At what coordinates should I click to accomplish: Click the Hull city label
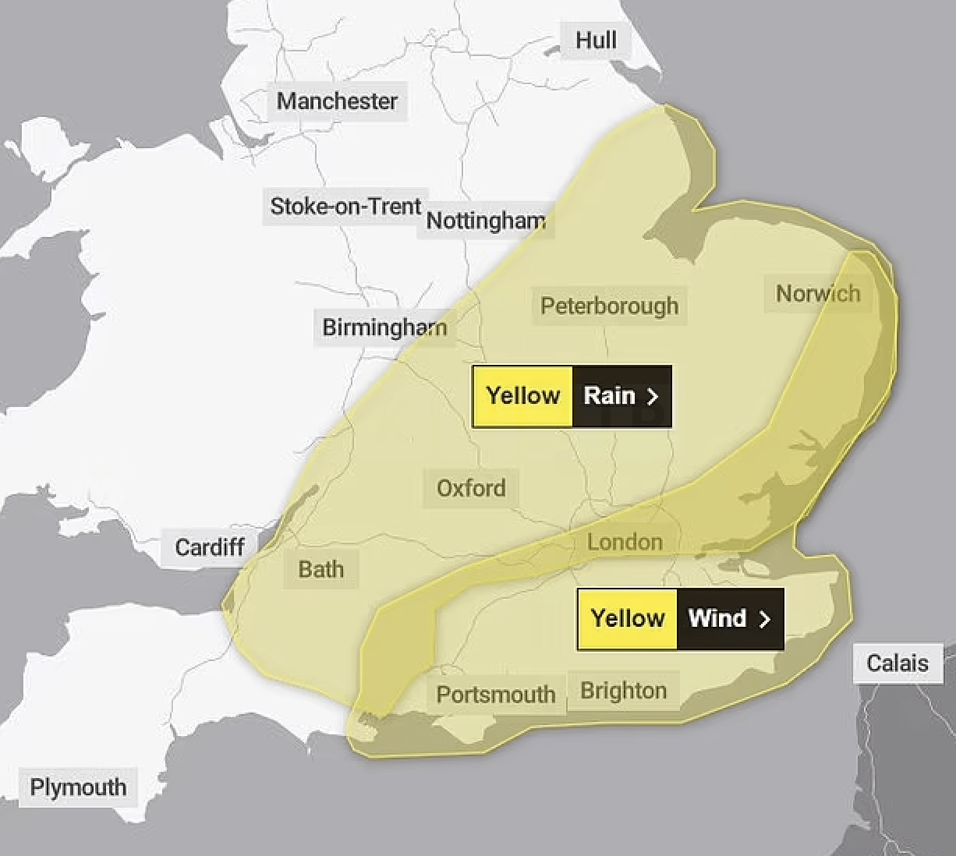[596, 40]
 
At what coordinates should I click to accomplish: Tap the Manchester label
[337, 101]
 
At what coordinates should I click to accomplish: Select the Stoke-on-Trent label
[345, 206]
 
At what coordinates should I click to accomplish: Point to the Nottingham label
[486, 221]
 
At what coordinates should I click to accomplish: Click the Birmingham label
[384, 327]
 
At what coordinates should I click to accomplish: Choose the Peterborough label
[609, 306]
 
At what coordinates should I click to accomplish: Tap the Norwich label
[818, 293]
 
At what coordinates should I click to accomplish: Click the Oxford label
[471, 488]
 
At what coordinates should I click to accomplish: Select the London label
[625, 542]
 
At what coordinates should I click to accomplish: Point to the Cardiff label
[210, 547]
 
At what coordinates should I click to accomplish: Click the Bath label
[320, 569]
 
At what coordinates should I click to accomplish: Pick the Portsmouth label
[495, 694]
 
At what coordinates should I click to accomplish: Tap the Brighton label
[623, 691]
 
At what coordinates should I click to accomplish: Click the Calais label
[898, 663]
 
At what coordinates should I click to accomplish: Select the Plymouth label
[78, 787]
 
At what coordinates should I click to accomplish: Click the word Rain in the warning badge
[609, 396]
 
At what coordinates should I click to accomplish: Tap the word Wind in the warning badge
[717, 618]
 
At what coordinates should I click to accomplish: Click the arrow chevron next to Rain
[653, 397]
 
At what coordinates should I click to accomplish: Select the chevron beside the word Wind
[765, 619]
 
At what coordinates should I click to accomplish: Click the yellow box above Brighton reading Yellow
[627, 618]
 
